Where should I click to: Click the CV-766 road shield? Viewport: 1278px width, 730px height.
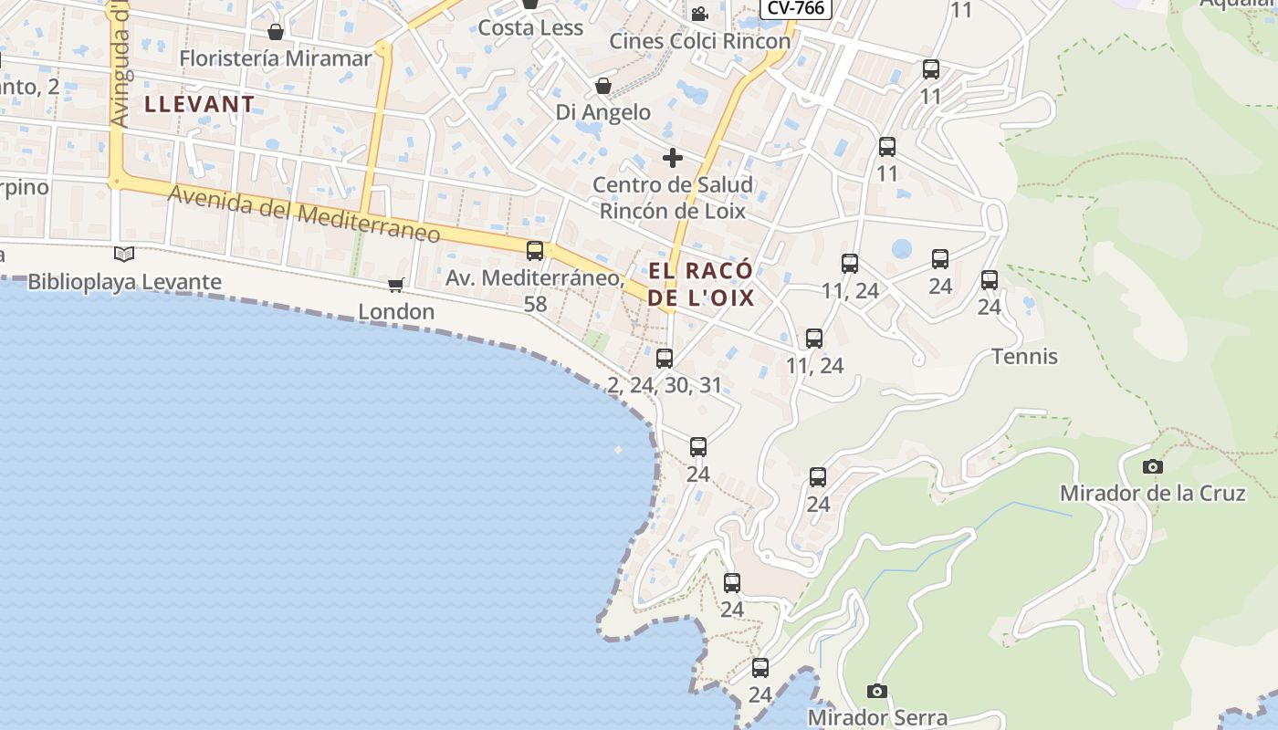pyautogui.click(x=796, y=8)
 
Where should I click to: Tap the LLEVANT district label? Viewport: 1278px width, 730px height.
pyautogui.click(x=200, y=104)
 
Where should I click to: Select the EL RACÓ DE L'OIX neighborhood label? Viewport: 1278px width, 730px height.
pyautogui.click(x=701, y=284)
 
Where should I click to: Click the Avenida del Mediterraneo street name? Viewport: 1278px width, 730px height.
pyautogui.click(x=304, y=214)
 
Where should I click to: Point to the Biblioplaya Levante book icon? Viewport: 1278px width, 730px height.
pyautogui.click(x=124, y=255)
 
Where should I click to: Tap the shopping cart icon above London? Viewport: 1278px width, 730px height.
pyautogui.click(x=396, y=286)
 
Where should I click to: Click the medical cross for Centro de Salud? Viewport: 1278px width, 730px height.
pyautogui.click(x=673, y=158)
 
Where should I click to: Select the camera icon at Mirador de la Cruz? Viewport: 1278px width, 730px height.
pyautogui.click(x=1153, y=466)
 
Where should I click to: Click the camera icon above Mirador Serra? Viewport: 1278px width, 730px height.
pyautogui.click(x=877, y=691)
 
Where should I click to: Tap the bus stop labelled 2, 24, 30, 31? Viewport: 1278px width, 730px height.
pyautogui.click(x=665, y=358)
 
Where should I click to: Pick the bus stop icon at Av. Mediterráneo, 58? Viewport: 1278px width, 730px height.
pyautogui.click(x=535, y=250)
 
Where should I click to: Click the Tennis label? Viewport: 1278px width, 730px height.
pyautogui.click(x=1024, y=356)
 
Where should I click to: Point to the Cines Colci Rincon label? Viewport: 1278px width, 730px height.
pyautogui.click(x=699, y=41)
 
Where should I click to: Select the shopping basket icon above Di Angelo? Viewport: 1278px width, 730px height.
pyautogui.click(x=602, y=87)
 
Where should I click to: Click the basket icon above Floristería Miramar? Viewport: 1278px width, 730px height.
pyautogui.click(x=276, y=33)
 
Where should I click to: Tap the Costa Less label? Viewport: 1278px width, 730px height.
pyautogui.click(x=530, y=27)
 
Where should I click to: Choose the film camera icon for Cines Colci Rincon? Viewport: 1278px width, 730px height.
pyautogui.click(x=699, y=14)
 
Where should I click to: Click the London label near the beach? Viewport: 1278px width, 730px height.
pyautogui.click(x=396, y=311)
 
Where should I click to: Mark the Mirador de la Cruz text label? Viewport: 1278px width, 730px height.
pyautogui.click(x=1152, y=493)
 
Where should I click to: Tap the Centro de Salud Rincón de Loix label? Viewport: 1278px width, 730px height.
pyautogui.click(x=673, y=198)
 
